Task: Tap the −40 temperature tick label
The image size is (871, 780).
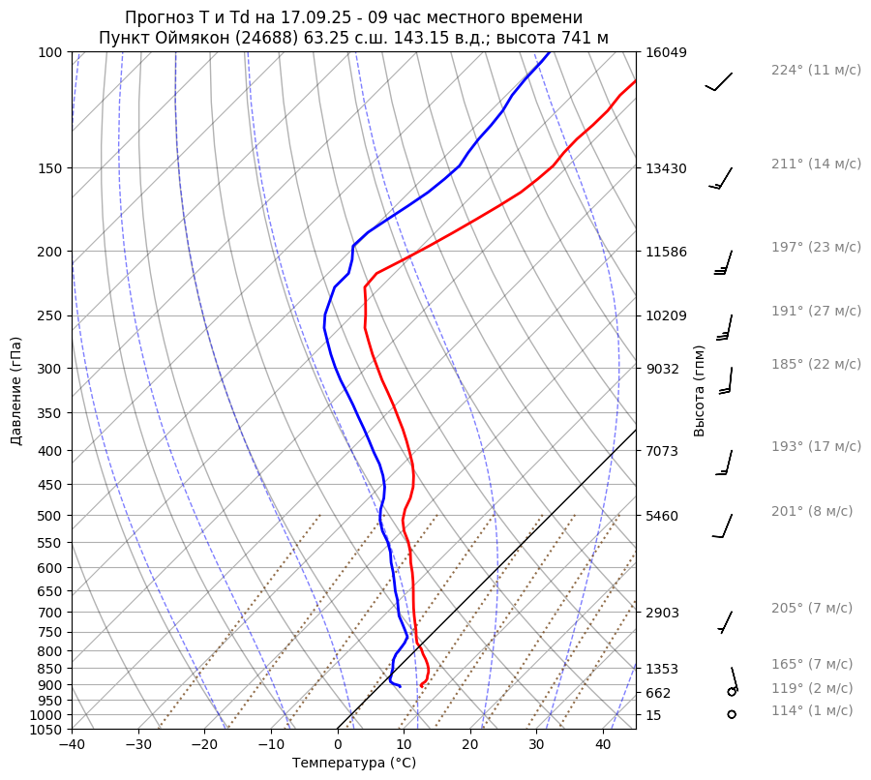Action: pos(72,744)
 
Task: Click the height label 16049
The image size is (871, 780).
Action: pos(666,52)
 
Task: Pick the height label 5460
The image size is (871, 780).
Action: pos(662,516)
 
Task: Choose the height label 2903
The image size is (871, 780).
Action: pos(662,613)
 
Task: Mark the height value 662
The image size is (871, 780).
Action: pos(658,693)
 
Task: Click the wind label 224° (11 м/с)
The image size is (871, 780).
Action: pos(816,71)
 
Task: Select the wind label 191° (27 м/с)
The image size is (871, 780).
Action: pos(816,312)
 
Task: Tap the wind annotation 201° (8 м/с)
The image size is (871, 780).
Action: pos(812,512)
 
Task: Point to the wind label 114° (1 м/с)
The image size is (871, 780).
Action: pos(812,711)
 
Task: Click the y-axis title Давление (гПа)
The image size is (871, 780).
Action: pos(16,391)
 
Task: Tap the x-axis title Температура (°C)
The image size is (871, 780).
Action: pos(354,764)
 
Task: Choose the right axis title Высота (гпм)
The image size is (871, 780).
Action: pos(700,391)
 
